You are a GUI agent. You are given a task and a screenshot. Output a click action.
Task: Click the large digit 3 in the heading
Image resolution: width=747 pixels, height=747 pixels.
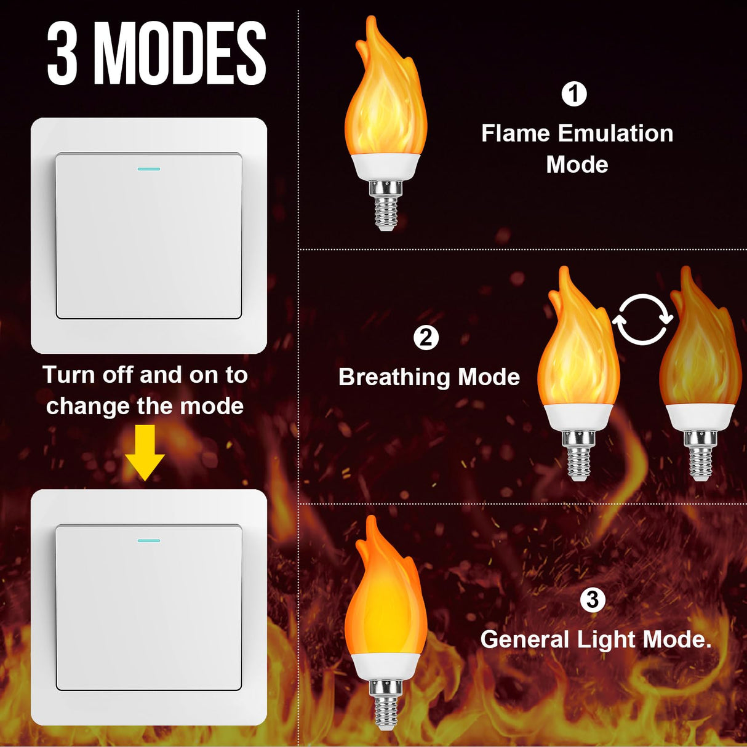[62, 54]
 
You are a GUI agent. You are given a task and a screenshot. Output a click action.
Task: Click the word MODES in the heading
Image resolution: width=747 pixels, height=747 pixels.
[180, 54]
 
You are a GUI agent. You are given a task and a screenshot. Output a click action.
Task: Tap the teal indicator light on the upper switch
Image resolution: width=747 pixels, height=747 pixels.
[149, 169]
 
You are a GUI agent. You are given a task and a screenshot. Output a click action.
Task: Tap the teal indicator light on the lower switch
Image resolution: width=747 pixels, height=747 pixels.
[149, 541]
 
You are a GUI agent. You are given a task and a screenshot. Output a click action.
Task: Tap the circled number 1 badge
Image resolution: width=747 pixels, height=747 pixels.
[574, 94]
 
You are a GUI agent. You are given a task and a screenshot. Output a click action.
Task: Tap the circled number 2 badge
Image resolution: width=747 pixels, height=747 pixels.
[426, 338]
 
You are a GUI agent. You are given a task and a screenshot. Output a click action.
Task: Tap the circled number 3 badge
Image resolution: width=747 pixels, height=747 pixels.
[593, 599]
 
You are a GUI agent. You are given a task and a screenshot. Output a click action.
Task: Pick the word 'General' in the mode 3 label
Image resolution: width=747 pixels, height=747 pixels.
[524, 640]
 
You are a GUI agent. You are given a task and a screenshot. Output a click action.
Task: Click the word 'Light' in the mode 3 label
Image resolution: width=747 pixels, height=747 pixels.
[605, 640]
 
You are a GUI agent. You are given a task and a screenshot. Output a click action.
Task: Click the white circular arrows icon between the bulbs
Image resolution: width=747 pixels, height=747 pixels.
[642, 319]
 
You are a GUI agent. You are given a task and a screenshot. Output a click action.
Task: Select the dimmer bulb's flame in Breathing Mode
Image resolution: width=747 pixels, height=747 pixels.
[699, 351]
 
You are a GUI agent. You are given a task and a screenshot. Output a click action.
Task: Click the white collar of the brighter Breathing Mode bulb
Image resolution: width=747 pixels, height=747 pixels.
[578, 417]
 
